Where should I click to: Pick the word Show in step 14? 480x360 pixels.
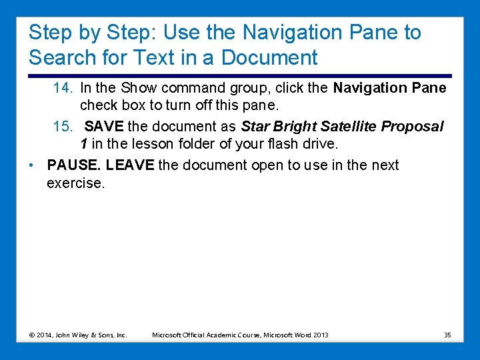pos(139,88)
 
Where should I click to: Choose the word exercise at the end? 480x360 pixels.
pos(75,183)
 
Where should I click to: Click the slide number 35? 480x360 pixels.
pos(447,335)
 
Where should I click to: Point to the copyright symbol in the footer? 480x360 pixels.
pos(33,335)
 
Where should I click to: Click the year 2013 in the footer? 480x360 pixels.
pos(321,335)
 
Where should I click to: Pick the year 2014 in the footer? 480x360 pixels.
pos(47,335)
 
